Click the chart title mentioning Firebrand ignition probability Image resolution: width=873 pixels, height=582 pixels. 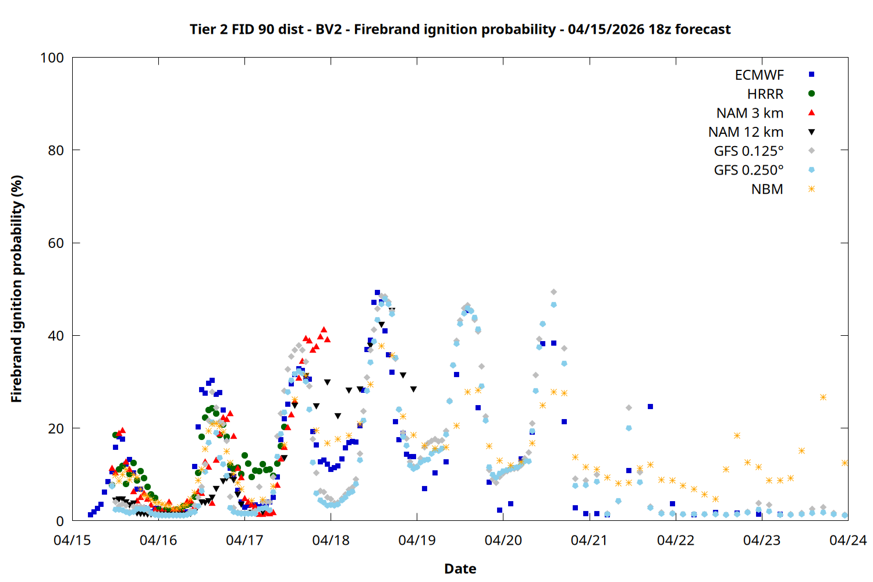[x=460, y=29]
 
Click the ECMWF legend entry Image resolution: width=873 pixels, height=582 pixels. [x=759, y=75]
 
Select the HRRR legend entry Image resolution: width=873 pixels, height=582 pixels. [x=765, y=94]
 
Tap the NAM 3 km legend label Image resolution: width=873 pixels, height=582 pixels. [x=750, y=113]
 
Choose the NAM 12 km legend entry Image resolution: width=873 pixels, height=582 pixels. [x=746, y=133]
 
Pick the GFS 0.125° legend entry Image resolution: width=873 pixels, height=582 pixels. [x=748, y=151]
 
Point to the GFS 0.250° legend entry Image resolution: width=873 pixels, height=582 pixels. [x=748, y=171]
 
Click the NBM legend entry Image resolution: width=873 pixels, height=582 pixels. [x=767, y=190]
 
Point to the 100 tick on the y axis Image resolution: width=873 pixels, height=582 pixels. [x=52, y=58]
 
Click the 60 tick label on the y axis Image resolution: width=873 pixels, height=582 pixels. [x=56, y=243]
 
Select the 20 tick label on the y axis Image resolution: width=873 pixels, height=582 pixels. [x=56, y=428]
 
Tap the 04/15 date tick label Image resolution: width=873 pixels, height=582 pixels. [x=72, y=541]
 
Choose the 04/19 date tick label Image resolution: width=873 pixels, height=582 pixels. [x=417, y=541]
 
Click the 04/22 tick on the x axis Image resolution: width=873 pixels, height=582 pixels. [x=676, y=541]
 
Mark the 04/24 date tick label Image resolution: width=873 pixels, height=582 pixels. [x=847, y=541]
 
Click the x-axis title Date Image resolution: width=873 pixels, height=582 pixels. [x=460, y=569]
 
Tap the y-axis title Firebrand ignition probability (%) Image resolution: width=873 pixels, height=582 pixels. [x=16, y=289]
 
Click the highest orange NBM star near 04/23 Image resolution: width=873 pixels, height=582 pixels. [x=823, y=398]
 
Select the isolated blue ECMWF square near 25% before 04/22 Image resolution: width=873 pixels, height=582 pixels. [x=650, y=407]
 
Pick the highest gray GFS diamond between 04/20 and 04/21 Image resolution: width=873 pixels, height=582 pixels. [x=553, y=292]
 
